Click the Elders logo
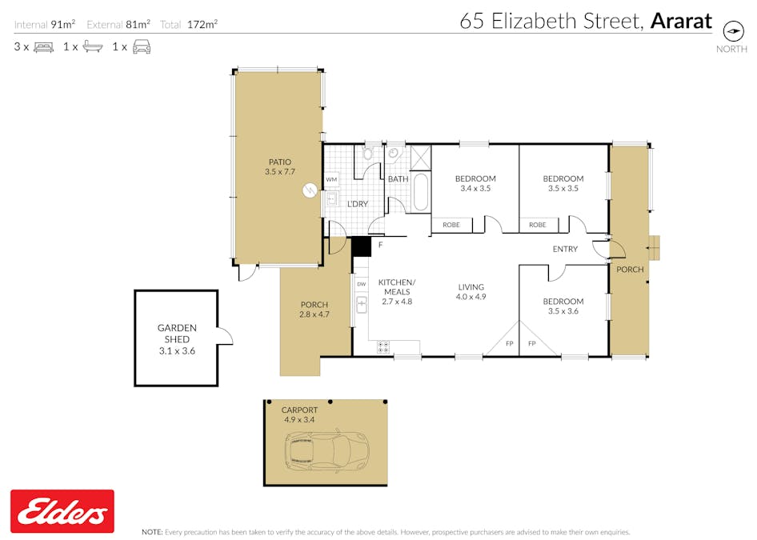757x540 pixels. pos(62,511)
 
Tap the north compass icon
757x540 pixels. pos(732,30)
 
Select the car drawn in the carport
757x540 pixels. pos(326,450)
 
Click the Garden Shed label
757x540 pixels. pos(176,339)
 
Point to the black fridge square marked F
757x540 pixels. pos(362,246)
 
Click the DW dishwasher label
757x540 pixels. pos(362,284)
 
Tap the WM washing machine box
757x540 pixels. pos(331,180)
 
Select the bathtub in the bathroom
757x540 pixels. pos(420,193)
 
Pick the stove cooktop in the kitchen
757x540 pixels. pos(383,347)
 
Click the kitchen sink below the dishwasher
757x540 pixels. pos(362,304)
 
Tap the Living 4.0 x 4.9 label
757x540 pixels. pos(471,292)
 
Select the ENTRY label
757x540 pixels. pos(565,250)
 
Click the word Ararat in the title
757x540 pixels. pos(681,21)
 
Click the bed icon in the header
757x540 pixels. pos(43,47)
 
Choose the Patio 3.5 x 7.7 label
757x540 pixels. pos(280,166)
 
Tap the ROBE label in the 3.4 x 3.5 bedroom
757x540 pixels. pos(451,225)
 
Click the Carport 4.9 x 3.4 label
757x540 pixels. pos(300,414)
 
